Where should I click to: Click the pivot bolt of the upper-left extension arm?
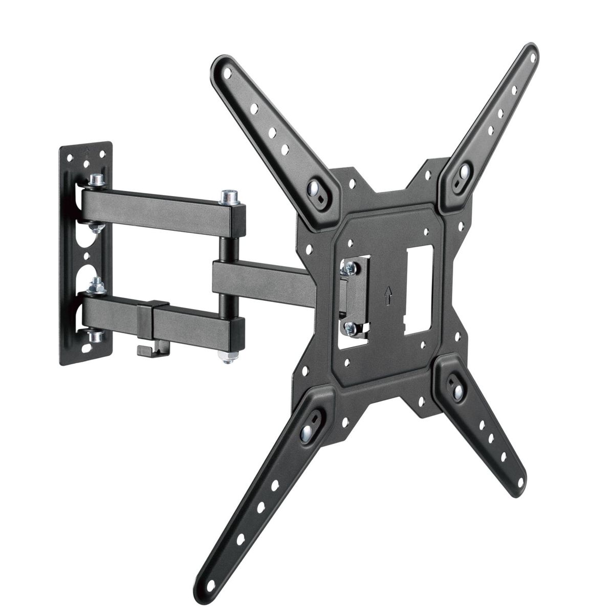(x=314, y=188)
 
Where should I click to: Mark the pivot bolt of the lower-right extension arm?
(x=457, y=389)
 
